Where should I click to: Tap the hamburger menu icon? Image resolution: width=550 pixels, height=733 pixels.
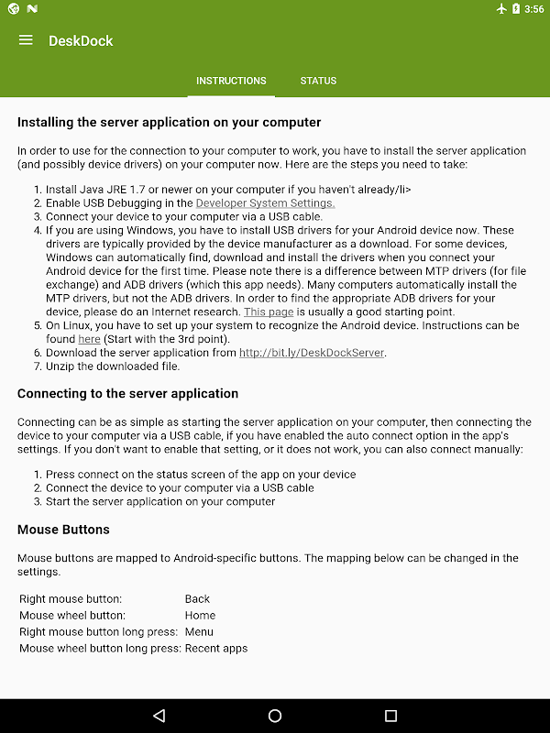point(26,40)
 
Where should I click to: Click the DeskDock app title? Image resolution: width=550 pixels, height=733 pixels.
point(81,41)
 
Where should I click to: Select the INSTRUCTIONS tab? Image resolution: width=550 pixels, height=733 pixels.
point(231,81)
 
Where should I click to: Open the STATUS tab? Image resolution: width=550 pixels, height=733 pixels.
point(318,81)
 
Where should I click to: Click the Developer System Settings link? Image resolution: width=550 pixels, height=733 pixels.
point(266,203)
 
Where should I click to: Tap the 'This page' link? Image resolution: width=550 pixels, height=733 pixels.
point(269,312)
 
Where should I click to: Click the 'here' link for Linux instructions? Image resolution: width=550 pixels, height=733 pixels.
point(89,339)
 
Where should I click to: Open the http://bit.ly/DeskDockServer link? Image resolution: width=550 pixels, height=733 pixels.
point(312,353)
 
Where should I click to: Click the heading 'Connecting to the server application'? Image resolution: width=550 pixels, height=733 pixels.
point(127,393)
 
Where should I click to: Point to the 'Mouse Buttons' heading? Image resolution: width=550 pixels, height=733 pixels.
point(63,530)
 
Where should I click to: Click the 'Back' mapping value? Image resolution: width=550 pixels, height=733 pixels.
point(197,599)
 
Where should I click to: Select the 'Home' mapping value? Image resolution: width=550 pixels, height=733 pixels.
point(200,616)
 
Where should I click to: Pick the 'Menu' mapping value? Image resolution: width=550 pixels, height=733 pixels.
point(199,632)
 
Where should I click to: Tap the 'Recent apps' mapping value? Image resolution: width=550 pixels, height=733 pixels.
point(216,649)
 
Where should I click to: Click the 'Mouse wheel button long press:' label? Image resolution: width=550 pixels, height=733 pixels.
point(100,649)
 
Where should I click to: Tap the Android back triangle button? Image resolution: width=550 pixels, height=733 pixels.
point(159,716)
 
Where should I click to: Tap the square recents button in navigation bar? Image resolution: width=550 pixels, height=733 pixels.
point(390,716)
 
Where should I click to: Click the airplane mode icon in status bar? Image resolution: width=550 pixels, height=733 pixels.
point(500,9)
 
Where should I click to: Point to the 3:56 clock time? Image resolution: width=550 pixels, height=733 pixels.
point(534,9)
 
